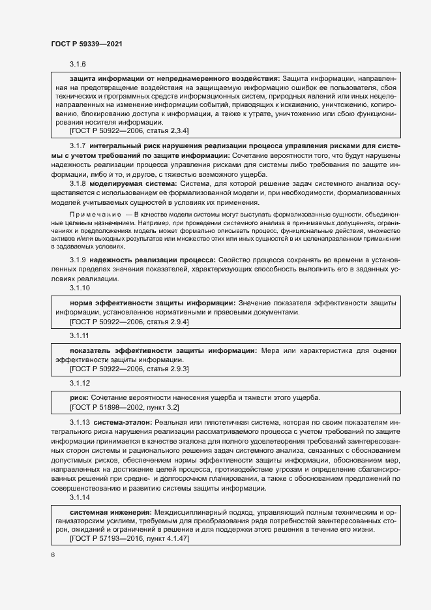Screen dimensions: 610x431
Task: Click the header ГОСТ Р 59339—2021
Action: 86,44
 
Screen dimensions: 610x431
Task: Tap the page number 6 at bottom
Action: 53,555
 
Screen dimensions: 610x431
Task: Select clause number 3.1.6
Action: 78,64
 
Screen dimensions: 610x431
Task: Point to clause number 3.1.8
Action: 78,185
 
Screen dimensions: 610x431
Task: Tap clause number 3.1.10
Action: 80,288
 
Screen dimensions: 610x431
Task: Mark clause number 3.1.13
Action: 80,423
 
